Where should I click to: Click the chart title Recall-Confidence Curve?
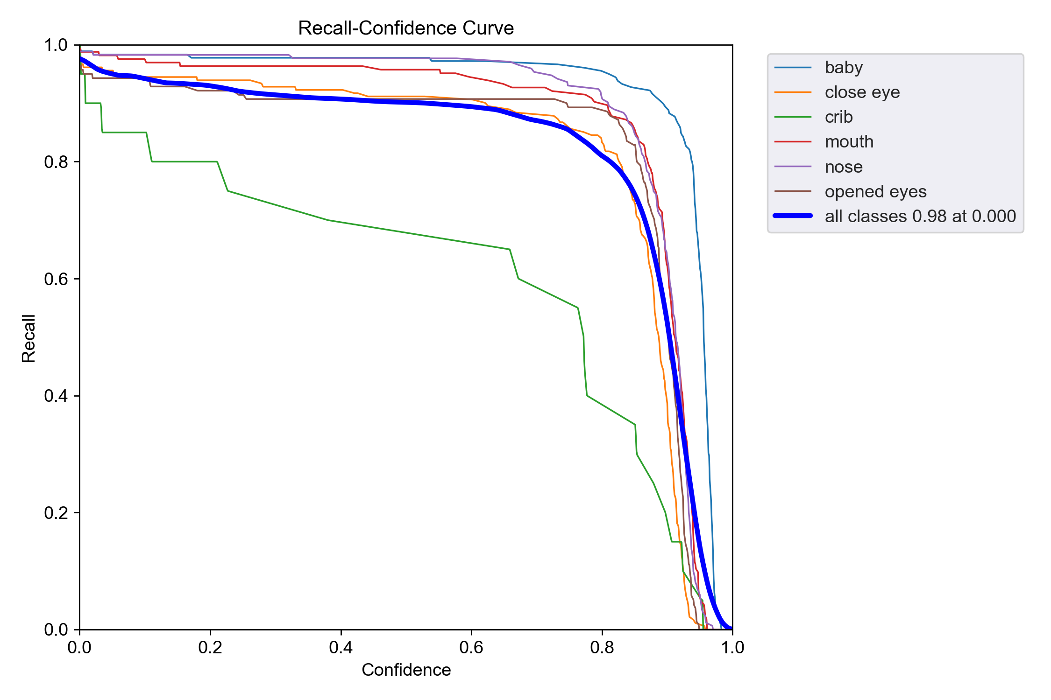pos(406,28)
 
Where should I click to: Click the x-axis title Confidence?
pos(406,670)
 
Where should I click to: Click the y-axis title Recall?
pos(28,338)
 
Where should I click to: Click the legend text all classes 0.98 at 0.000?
pos(920,216)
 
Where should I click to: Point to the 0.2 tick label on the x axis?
pos(210,647)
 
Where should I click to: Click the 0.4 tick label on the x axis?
pos(341,647)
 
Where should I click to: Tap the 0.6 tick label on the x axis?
pos(471,647)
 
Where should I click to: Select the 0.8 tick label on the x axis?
pos(602,647)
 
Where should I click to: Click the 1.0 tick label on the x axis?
pos(732,647)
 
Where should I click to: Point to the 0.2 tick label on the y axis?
pos(56,513)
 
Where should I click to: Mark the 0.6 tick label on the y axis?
pos(56,279)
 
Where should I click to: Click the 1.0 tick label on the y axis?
pos(56,45)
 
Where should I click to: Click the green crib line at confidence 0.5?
pos(406,233)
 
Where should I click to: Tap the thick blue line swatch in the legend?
pos(793,216)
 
